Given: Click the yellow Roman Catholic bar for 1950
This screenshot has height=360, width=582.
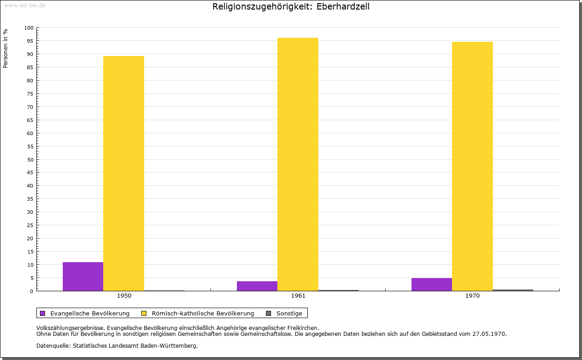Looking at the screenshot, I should click(124, 173).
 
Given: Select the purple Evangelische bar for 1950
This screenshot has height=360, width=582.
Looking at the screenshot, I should click(83, 276).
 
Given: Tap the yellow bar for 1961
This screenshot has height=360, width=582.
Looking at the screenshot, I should click(298, 164).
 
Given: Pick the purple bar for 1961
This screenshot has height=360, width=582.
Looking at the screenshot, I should click(257, 286).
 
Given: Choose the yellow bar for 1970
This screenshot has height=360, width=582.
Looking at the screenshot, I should click(472, 166).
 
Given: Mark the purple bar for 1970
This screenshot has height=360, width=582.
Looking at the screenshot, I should click(431, 284).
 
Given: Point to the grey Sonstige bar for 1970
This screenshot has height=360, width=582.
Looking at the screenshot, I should click(513, 290).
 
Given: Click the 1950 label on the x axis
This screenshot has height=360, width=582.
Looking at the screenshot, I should click(124, 296).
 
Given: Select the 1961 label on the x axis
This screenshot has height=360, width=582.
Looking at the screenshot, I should click(298, 296).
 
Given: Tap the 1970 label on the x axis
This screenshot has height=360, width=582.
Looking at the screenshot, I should click(472, 296).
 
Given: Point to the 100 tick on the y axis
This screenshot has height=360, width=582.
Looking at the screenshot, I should click(29, 28).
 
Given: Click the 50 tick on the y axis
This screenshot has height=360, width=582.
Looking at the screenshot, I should click(30, 159).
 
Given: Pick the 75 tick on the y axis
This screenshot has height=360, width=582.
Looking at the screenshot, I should click(30, 94).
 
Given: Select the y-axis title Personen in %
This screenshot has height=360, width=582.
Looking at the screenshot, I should click(5, 48).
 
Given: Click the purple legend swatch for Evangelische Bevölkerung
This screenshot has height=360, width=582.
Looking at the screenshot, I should click(43, 313).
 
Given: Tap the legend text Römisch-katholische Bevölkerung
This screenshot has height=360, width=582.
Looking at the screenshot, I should click(203, 313).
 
